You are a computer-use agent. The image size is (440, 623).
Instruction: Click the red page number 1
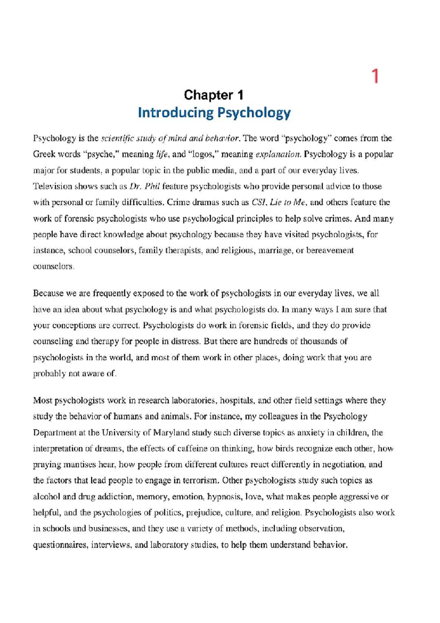[375, 76]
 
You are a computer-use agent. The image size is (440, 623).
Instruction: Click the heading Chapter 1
[213, 95]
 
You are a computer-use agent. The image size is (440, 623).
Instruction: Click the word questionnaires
[60, 545]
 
